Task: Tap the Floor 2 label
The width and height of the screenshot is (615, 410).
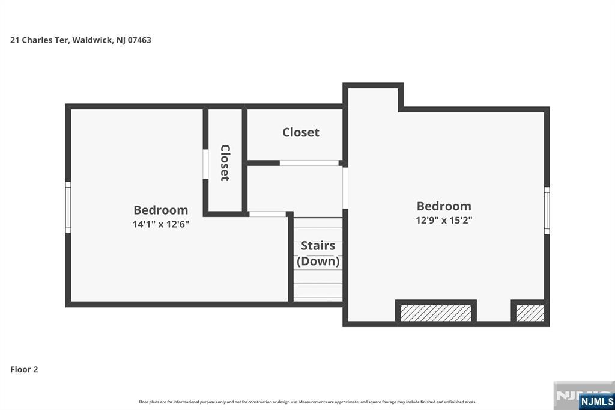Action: (x=24, y=369)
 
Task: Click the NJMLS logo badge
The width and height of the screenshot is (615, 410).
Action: (x=596, y=402)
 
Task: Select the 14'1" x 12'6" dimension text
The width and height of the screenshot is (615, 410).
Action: (x=161, y=224)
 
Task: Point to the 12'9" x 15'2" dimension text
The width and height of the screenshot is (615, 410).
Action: (x=444, y=220)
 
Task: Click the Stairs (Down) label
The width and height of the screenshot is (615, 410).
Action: (x=318, y=253)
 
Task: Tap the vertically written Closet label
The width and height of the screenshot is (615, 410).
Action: (x=225, y=162)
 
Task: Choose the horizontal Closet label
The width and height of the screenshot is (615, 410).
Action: (x=301, y=132)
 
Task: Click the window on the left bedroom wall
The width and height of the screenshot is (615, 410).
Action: (x=68, y=207)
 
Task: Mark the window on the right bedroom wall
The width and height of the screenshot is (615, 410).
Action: (x=547, y=210)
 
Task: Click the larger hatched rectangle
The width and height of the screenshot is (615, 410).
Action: (x=436, y=313)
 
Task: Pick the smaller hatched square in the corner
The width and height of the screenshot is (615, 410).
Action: (x=530, y=313)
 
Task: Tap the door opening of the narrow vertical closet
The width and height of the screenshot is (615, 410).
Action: (x=205, y=164)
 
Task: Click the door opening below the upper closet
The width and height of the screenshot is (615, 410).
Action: (x=309, y=162)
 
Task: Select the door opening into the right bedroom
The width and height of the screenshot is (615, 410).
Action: (x=345, y=188)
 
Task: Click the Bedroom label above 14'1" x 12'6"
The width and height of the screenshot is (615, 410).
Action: (x=161, y=210)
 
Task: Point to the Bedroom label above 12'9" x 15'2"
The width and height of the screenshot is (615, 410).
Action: (x=444, y=206)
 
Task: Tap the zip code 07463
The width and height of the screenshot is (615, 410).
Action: (x=139, y=40)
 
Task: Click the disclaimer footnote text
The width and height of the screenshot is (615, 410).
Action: (x=307, y=402)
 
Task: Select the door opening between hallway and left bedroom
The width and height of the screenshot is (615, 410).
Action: (x=267, y=214)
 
